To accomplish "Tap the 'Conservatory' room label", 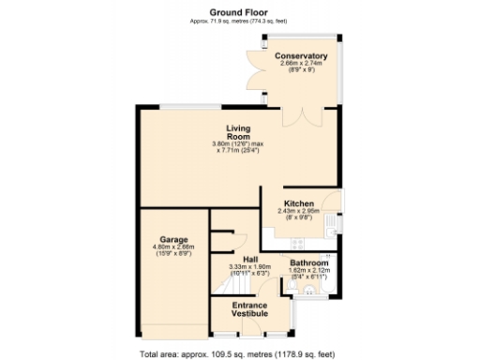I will coord(300,57).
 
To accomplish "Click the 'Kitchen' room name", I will coord(299,202).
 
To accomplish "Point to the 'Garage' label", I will coord(172,239).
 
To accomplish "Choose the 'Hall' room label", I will coord(249,259).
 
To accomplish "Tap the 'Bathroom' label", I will coord(308,263).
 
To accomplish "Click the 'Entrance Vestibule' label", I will coord(249,311).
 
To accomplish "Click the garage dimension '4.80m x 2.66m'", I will coord(172,247).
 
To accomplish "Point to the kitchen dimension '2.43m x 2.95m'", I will coord(299,211).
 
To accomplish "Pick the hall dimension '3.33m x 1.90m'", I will coord(249,266).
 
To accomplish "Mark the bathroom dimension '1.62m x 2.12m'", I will coord(308,271).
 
